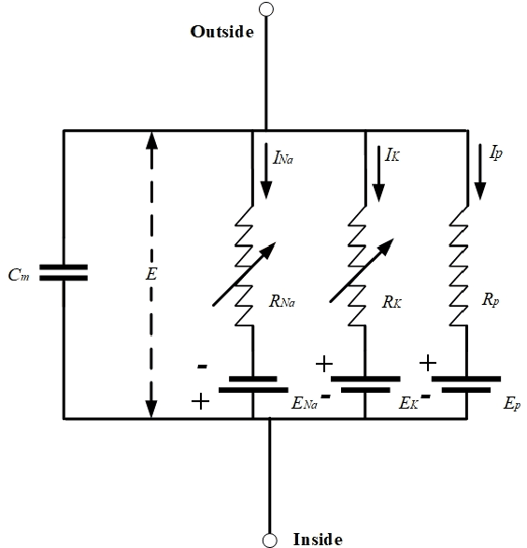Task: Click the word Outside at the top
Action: pyautogui.click(x=222, y=32)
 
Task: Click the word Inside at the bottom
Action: pyautogui.click(x=318, y=539)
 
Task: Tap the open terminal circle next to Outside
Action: pyautogui.click(x=267, y=9)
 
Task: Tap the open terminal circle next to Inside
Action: pyautogui.click(x=269, y=540)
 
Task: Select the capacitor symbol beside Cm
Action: pyautogui.click(x=64, y=272)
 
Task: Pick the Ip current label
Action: pyautogui.click(x=496, y=152)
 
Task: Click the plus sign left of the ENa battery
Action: pyautogui.click(x=199, y=400)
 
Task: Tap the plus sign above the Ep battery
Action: pyautogui.click(x=428, y=362)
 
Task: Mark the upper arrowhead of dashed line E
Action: pyautogui.click(x=150, y=141)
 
